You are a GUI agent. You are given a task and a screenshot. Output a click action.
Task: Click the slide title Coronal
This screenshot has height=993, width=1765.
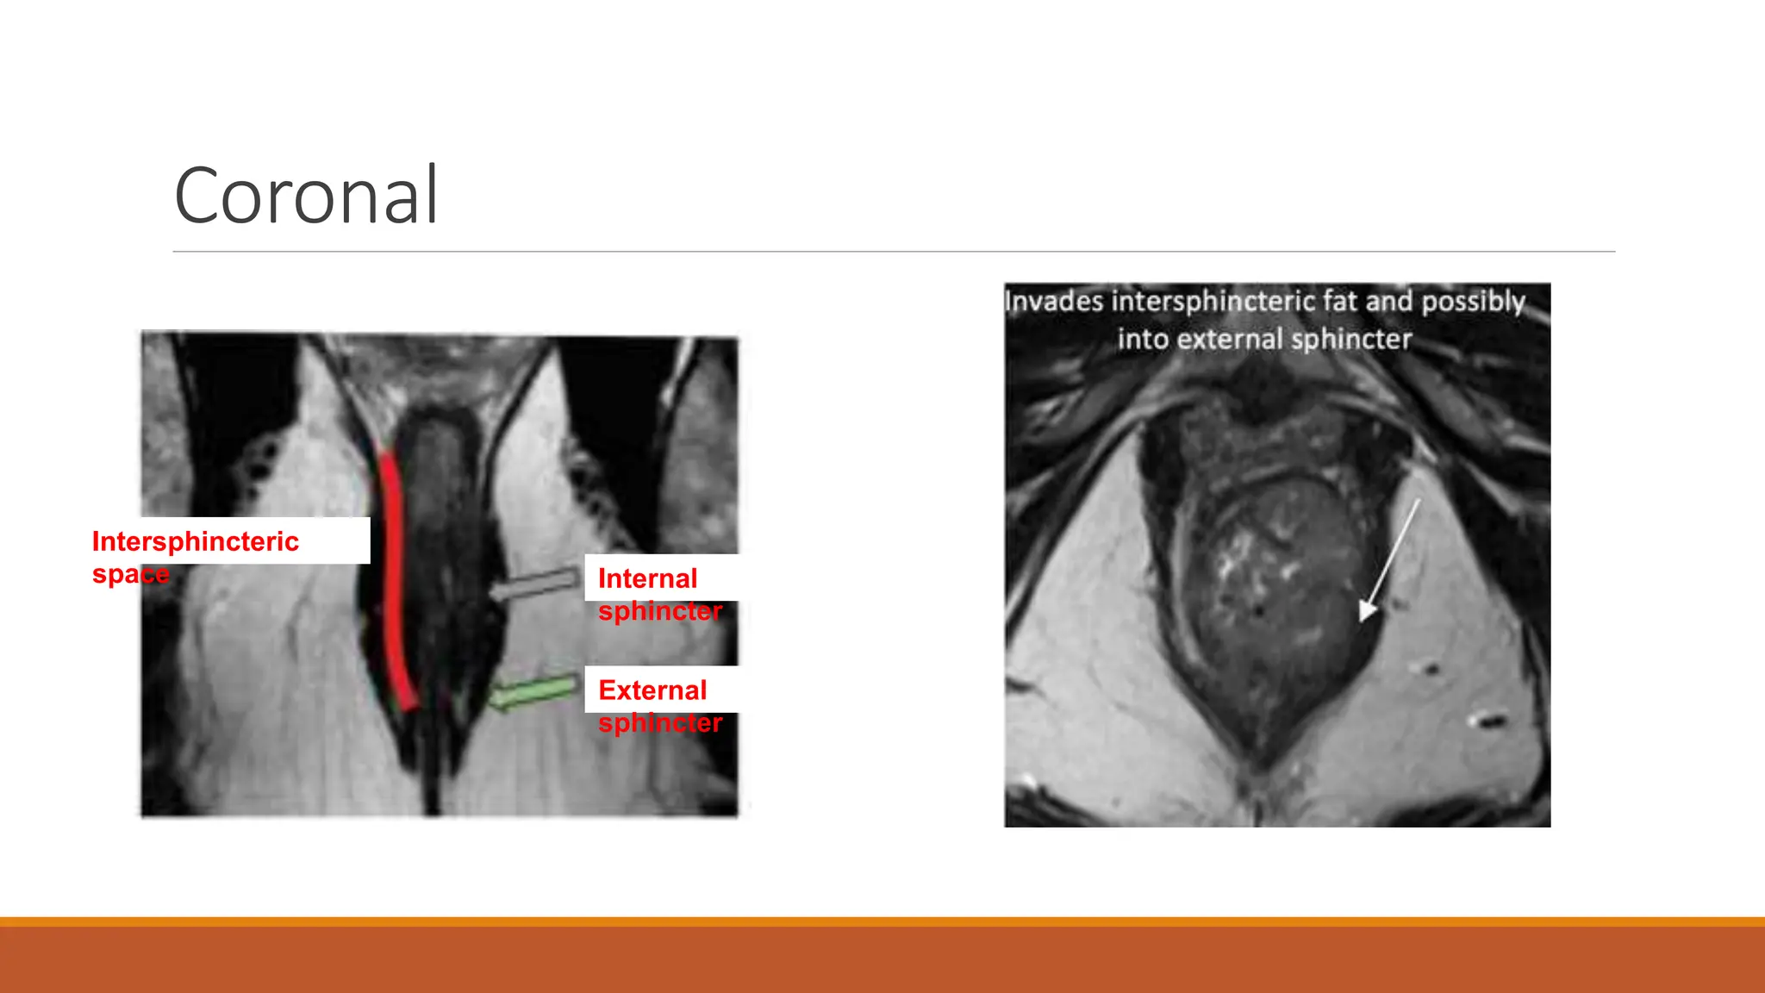point(306,196)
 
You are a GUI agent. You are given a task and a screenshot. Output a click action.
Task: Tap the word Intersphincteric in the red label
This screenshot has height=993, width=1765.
point(195,541)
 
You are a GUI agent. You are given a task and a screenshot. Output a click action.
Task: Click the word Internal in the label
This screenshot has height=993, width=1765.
point(647,578)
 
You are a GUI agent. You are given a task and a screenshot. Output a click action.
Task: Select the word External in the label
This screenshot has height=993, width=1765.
point(652,690)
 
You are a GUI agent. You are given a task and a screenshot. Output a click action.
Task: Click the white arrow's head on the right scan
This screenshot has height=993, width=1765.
point(1367,610)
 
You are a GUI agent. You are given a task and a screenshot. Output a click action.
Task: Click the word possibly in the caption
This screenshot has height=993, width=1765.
point(1473,302)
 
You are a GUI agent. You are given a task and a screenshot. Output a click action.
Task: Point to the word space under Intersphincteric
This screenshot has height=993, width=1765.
point(130,574)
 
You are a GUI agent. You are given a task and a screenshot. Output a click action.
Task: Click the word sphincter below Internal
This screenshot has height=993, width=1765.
point(660,611)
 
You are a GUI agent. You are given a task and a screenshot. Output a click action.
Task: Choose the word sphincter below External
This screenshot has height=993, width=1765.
point(660,722)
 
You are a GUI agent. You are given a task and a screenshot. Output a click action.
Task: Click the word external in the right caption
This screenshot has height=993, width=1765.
point(1230,340)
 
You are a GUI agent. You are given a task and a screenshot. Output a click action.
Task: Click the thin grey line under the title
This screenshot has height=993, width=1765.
point(894,252)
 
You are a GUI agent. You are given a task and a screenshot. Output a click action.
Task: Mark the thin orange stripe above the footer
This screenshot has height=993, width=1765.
point(882,921)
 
